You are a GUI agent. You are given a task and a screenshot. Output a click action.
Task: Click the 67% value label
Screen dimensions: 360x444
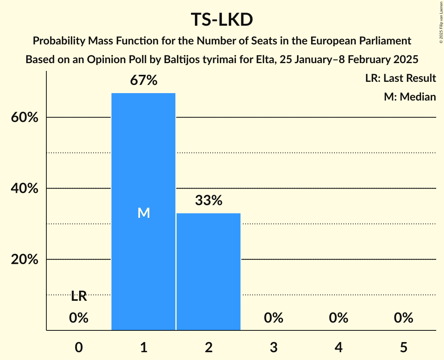pos(143,81)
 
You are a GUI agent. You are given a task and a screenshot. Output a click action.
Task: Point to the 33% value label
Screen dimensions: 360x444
pos(209,201)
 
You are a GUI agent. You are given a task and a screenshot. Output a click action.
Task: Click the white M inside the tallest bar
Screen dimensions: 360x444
pos(143,213)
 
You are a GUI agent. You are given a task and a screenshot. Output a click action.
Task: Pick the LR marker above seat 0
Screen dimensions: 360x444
pos(79,296)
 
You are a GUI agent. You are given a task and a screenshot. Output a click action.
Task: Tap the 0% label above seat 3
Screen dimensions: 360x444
pos(273,318)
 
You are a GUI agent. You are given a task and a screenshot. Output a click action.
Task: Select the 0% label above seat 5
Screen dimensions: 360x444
pos(403,318)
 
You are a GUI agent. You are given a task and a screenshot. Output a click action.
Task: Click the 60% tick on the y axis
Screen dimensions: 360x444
pos(25,117)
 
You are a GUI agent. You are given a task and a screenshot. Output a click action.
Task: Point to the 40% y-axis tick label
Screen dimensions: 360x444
pos(25,189)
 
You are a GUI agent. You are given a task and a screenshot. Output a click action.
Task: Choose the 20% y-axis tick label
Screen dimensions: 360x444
pos(25,259)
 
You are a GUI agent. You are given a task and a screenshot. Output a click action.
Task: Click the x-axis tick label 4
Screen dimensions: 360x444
pos(338,347)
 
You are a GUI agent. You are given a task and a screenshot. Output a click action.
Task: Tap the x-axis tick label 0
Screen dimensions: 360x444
pos(79,347)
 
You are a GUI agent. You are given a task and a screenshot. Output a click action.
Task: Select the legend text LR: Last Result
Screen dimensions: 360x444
pos(400,78)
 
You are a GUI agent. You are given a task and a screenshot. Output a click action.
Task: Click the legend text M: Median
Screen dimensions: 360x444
pos(410,97)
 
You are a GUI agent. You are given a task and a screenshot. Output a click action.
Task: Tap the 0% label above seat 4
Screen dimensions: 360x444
pos(338,318)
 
